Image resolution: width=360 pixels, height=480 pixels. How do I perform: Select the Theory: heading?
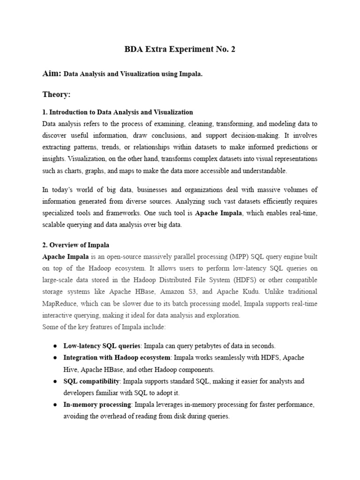pyautogui.click(x=56, y=95)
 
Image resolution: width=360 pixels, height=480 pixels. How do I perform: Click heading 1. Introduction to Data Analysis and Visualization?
pyautogui.click(x=118, y=112)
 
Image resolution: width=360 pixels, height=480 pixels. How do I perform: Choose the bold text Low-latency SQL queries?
pyautogui.click(x=102, y=346)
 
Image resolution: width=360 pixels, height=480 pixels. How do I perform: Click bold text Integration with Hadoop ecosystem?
pyautogui.click(x=117, y=358)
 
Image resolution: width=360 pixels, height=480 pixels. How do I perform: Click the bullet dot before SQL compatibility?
pyautogui.click(x=55, y=381)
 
